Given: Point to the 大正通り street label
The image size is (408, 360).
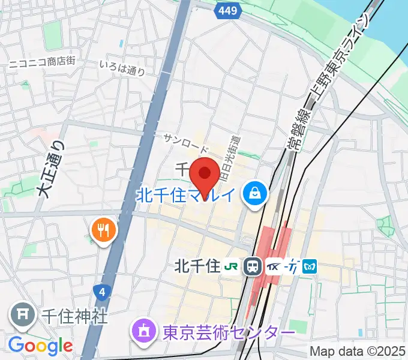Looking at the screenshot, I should (50, 167).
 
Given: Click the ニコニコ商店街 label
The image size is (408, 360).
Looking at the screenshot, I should (41, 61).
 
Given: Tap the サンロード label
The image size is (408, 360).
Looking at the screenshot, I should (186, 144).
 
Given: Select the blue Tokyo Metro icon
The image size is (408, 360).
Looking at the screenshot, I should (310, 265).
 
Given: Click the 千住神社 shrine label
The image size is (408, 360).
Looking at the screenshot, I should (75, 316).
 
